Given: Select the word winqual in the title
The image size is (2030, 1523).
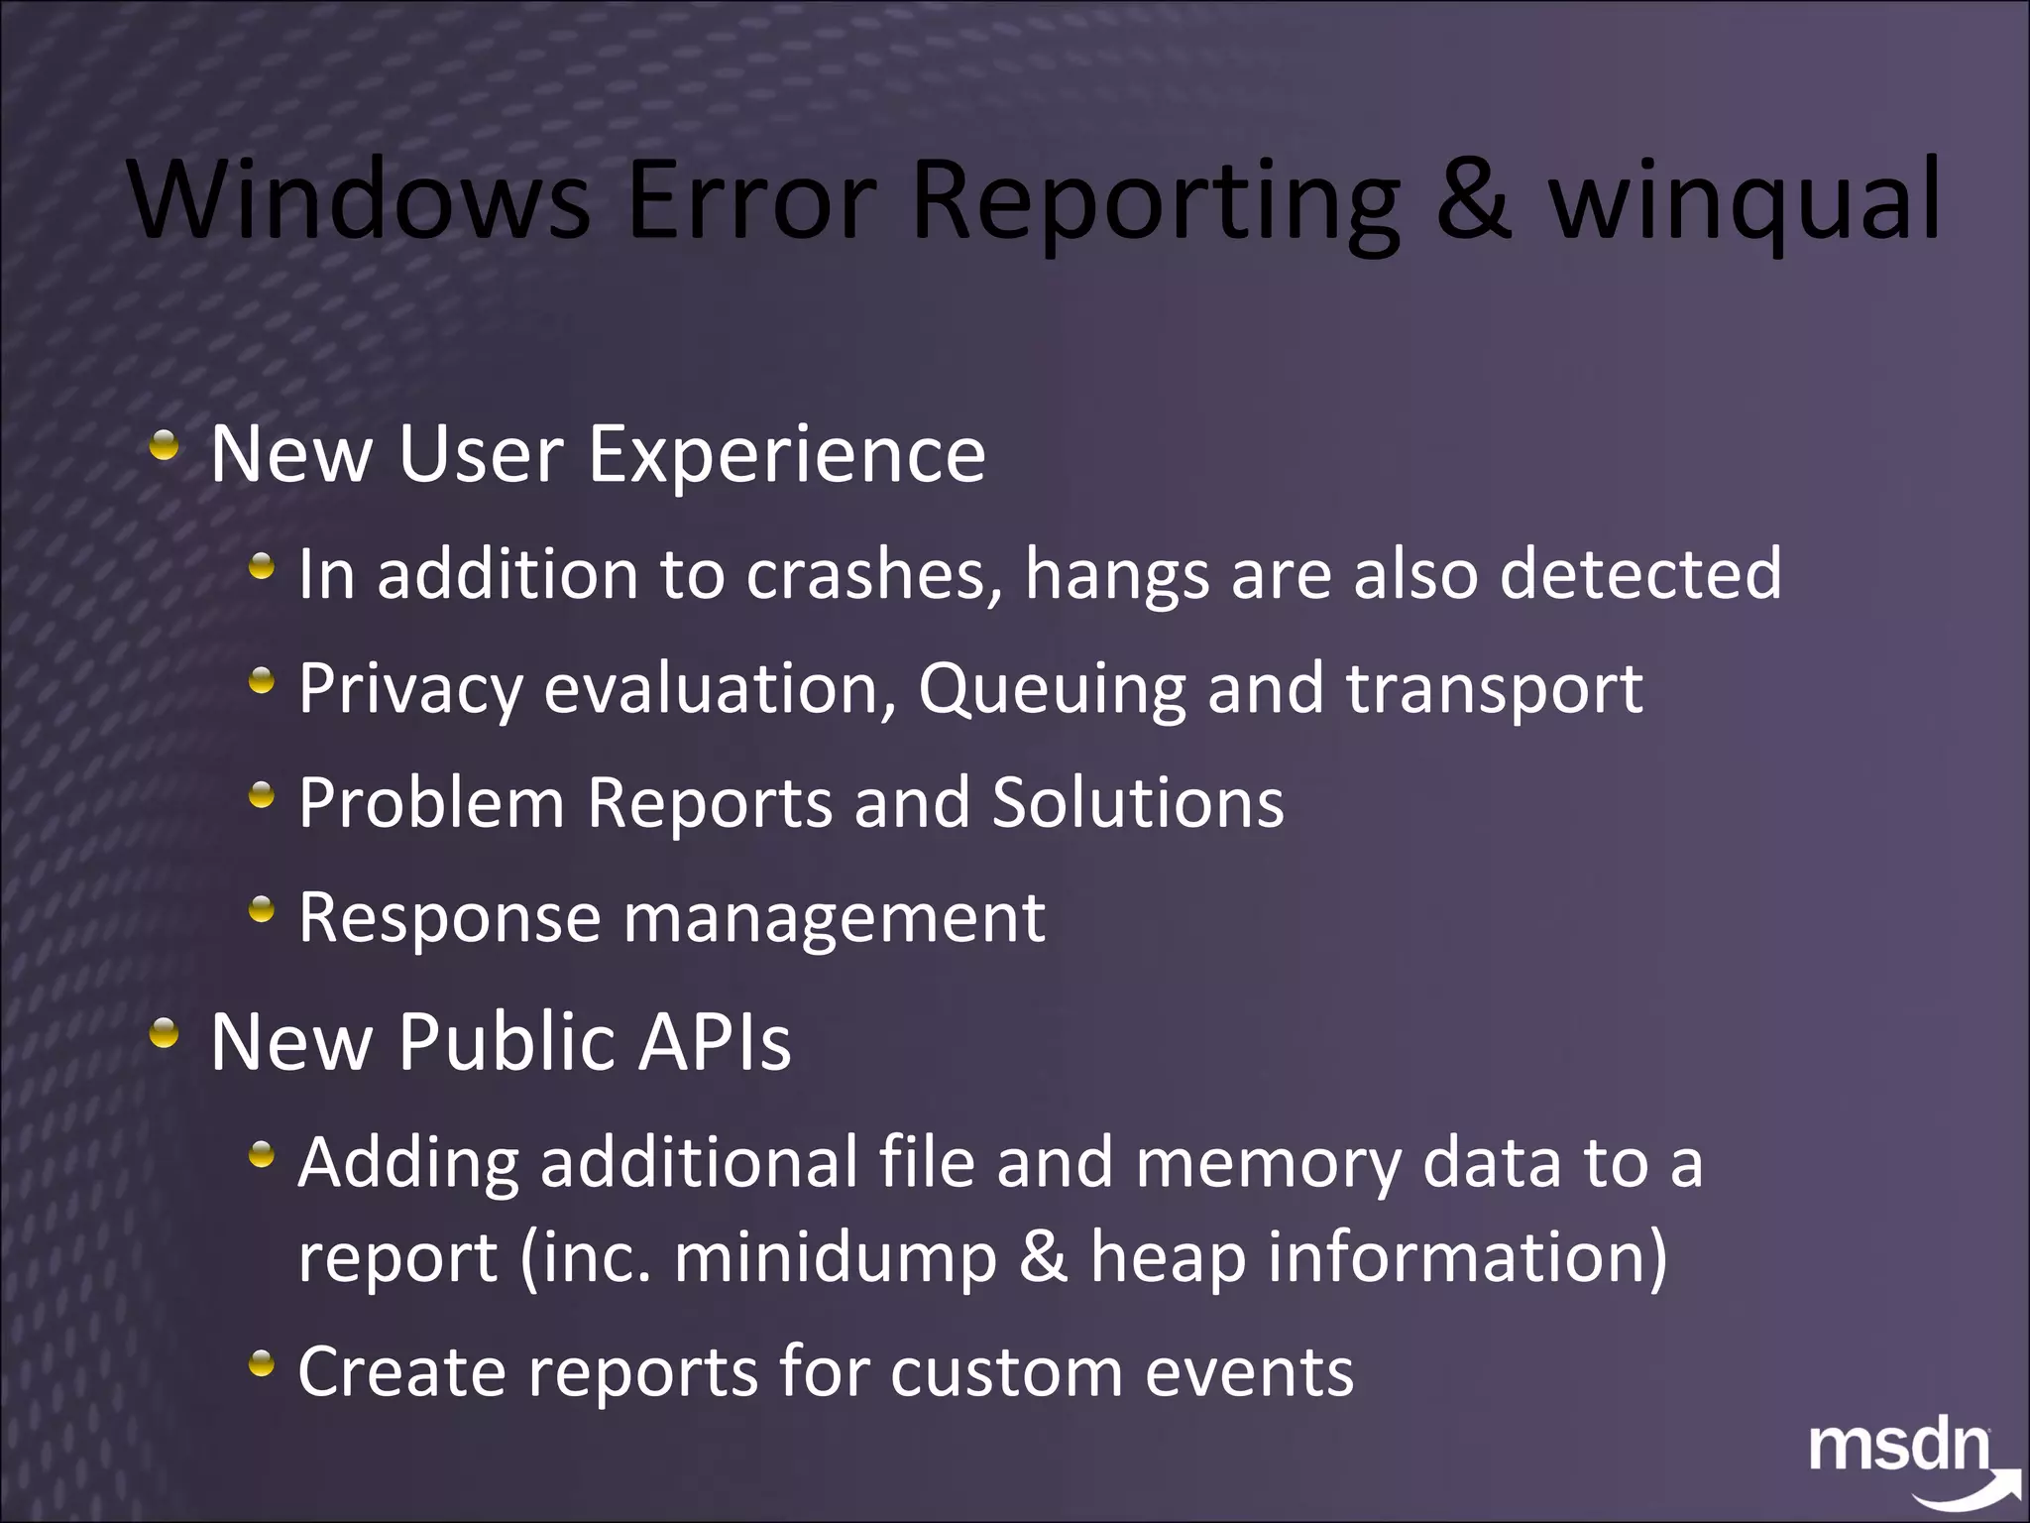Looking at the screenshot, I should [1744, 203].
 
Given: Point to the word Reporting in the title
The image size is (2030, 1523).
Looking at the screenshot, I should [1155, 203].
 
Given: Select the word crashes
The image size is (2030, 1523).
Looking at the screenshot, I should [873, 574].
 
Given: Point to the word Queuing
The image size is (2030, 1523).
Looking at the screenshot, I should [1052, 690].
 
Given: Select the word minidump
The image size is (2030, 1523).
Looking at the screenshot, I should [835, 1258].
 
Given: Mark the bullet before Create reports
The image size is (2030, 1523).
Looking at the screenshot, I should [261, 1365].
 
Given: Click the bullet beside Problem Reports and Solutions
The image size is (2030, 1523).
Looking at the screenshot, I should [261, 794].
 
